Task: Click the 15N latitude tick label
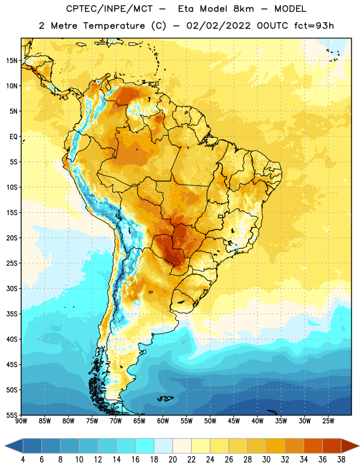12,61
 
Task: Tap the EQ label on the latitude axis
13,137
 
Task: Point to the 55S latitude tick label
12,415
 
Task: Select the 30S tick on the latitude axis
12,288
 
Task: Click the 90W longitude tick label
21,421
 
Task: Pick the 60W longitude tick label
163,421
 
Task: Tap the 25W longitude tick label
328,421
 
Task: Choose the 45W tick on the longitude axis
234,421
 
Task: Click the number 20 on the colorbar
172,460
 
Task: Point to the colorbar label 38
341,460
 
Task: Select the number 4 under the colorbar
23,460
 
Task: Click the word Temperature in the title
114,26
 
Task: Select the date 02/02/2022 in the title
218,26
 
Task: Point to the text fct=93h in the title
314,26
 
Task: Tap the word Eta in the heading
186,9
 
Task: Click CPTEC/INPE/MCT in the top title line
109,9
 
